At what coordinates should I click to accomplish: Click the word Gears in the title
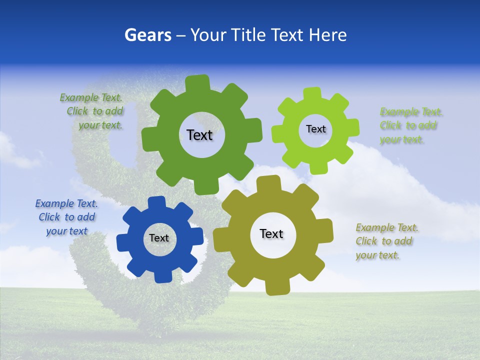click(148, 35)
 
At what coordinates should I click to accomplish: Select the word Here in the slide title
click(327, 35)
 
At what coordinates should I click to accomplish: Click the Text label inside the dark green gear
click(199, 135)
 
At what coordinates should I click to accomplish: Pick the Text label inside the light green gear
click(315, 129)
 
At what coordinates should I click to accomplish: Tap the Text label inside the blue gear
click(159, 238)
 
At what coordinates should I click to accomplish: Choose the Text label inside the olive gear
click(271, 233)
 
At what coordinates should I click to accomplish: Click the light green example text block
click(410, 125)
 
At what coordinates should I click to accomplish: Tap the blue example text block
click(66, 217)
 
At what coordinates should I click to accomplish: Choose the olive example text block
click(386, 241)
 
